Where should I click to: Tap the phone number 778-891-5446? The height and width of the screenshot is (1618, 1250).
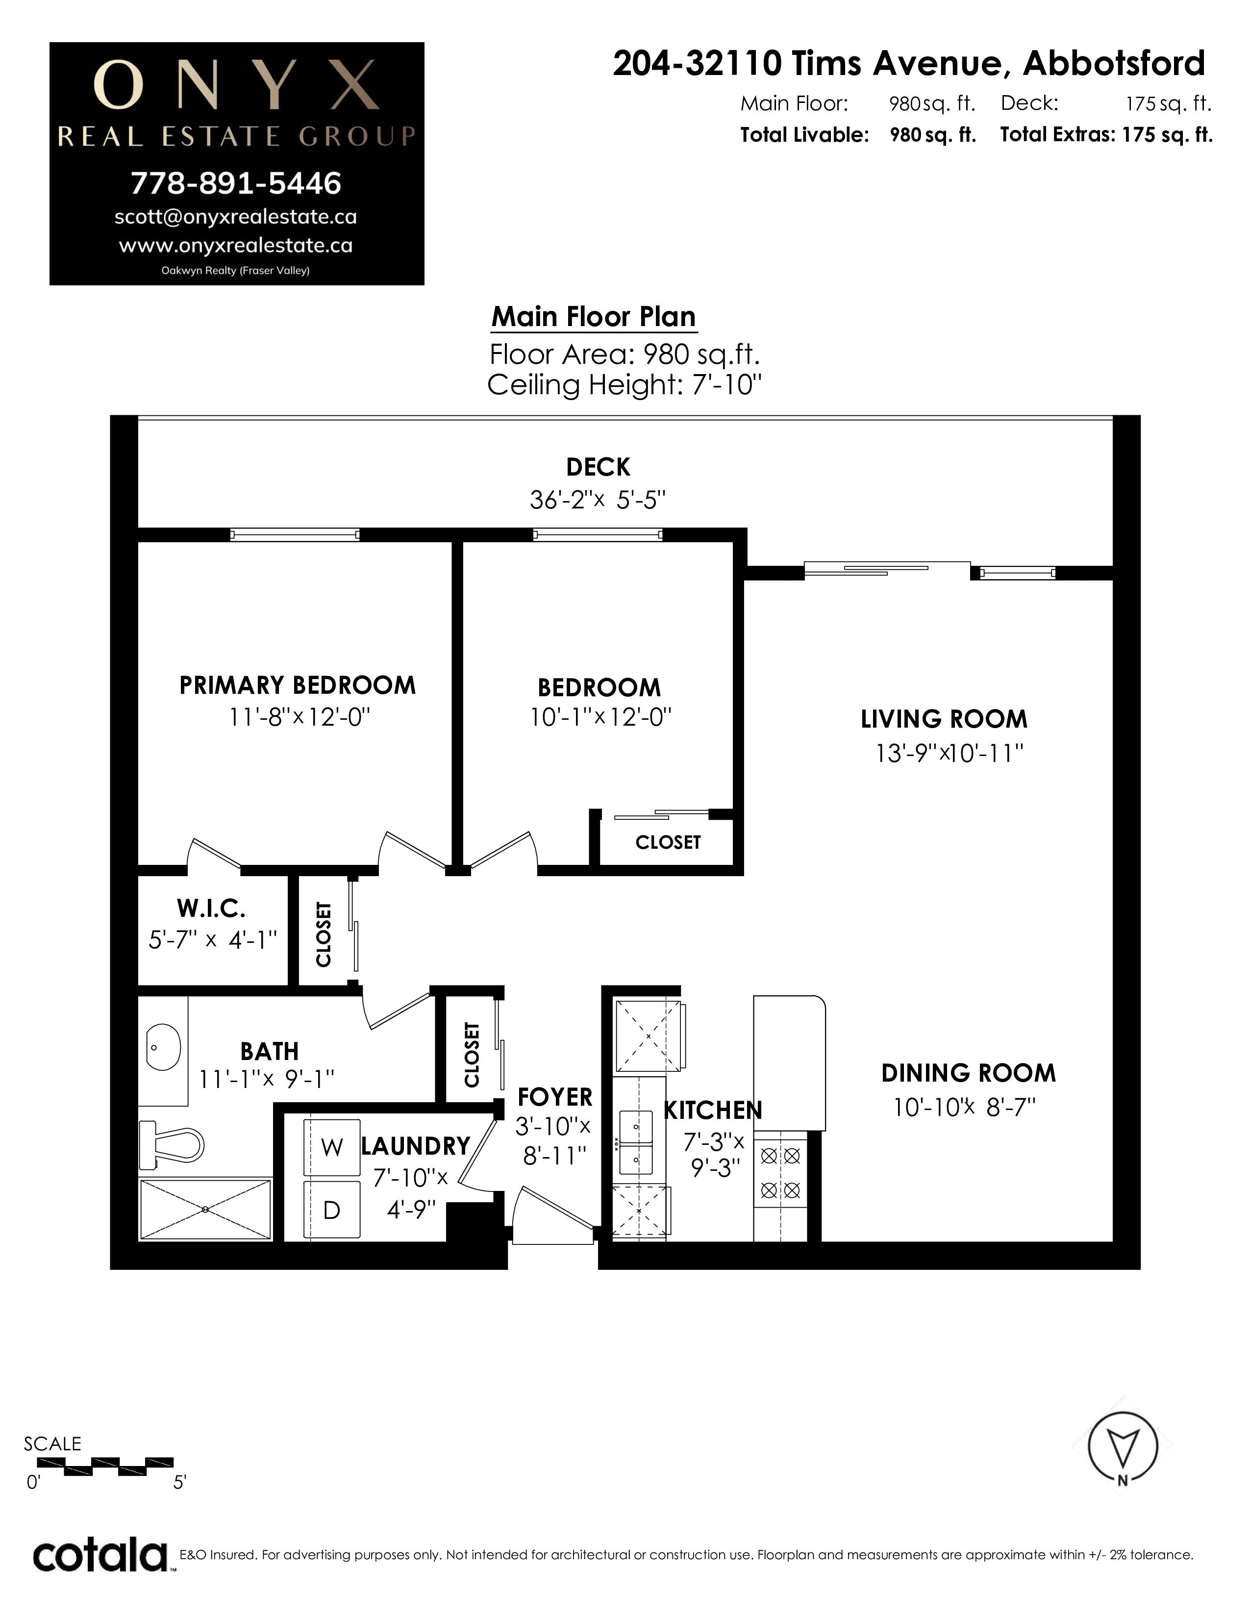coord(236,183)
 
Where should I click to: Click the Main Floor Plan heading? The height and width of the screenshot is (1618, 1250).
coord(594,316)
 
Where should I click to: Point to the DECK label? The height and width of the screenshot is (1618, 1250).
coord(599,467)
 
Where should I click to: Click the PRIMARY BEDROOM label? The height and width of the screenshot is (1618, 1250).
coord(298,685)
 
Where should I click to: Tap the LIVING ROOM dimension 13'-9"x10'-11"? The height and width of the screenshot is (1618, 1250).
coord(950,753)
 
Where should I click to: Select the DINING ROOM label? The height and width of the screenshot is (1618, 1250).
coord(969,1073)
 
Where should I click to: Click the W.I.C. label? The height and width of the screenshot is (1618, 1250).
coord(211,908)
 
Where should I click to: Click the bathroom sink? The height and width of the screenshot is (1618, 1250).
coord(163,1048)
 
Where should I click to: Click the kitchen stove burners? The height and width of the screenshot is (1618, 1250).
coord(780,1173)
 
